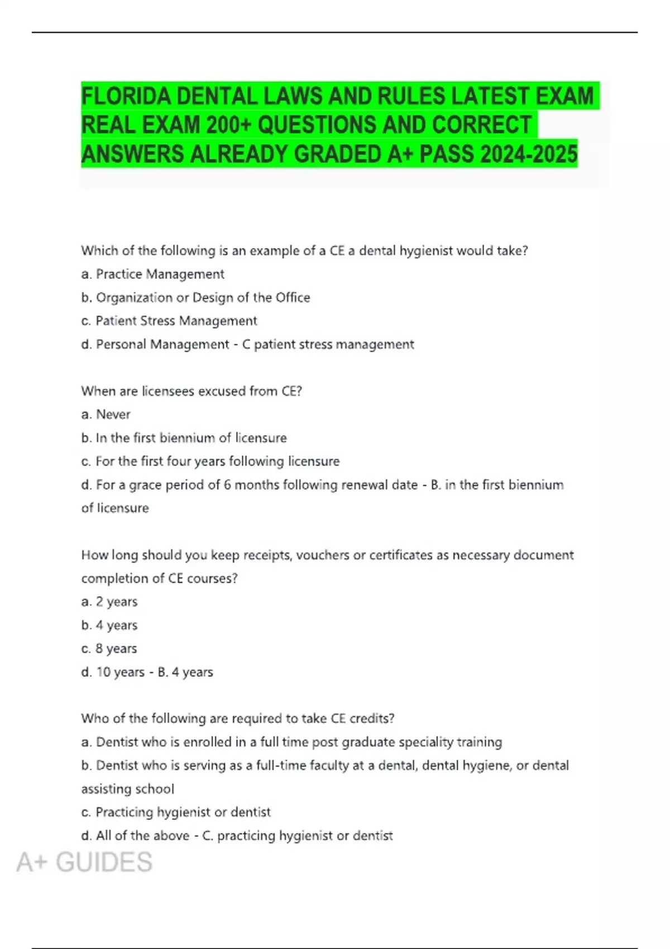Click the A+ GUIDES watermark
coord(84,862)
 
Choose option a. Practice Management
coord(152,274)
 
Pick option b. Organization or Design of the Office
coord(195,298)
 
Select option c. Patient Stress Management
coord(169,321)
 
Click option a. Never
coord(106,414)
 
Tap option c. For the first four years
coord(210,461)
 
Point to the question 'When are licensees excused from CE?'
coord(192,391)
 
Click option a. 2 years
coord(109,602)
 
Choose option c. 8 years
coord(109,649)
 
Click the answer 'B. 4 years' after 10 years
coord(185,672)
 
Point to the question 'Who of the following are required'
coord(238,718)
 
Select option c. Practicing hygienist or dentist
coord(176,812)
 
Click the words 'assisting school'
coord(128,789)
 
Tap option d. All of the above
coord(136,836)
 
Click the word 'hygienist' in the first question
coord(425,251)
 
